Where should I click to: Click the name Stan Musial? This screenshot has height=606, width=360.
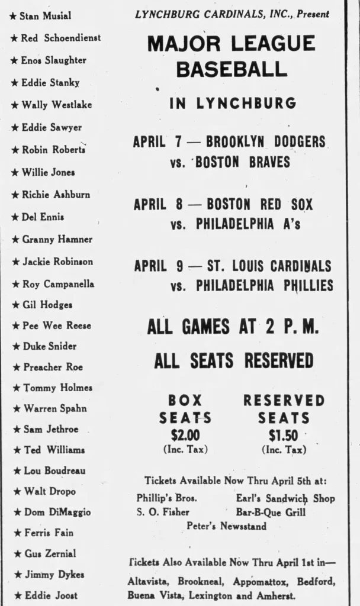[x=45, y=16]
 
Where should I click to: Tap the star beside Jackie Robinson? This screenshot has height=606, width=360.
[x=15, y=262]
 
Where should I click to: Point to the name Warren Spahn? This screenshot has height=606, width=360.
[x=54, y=408]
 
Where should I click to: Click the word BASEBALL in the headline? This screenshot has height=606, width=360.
[x=232, y=69]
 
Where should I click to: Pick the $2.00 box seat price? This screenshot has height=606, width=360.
[x=185, y=436]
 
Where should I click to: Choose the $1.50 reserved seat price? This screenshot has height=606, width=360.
[x=283, y=436]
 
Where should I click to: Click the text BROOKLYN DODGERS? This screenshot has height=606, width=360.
[x=265, y=142]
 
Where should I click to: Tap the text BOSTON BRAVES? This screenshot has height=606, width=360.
[x=243, y=162]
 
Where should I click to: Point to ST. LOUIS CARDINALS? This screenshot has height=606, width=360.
[x=269, y=266]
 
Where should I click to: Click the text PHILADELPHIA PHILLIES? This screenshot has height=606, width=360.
[x=264, y=286]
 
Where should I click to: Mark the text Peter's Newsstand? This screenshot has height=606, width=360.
[x=226, y=526]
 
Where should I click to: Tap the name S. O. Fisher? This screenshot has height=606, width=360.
[x=163, y=512]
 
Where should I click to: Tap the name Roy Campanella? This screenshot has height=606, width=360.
[x=58, y=284]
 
